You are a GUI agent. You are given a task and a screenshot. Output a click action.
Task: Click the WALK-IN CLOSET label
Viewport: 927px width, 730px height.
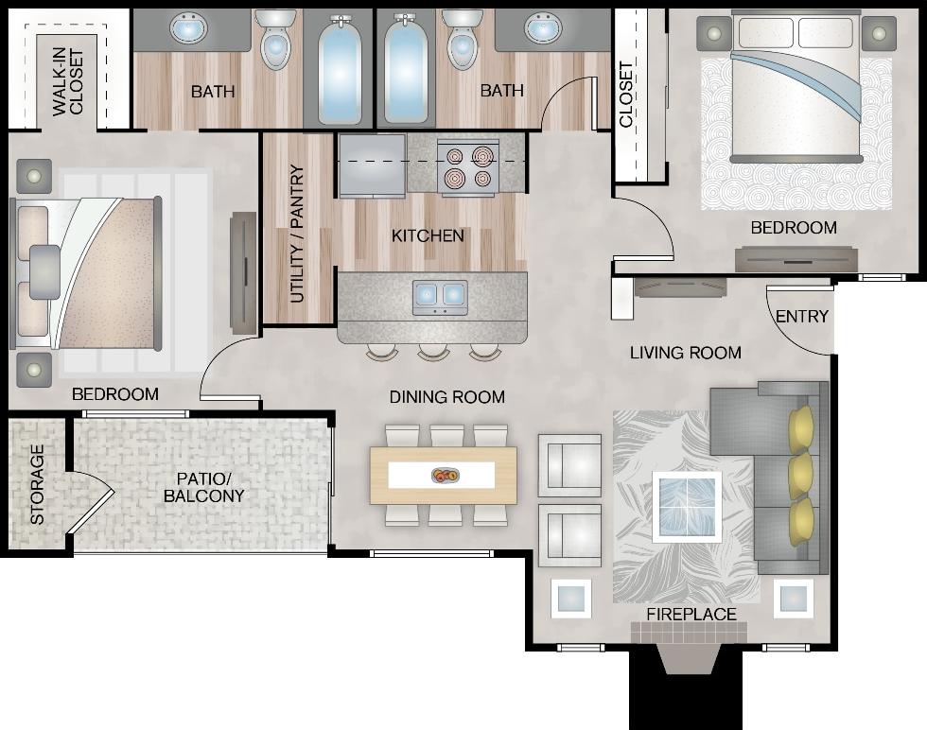(68, 82)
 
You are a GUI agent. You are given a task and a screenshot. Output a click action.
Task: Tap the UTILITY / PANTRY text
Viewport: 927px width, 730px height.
(297, 234)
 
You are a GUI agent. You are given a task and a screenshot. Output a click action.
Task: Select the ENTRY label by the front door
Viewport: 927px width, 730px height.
(801, 317)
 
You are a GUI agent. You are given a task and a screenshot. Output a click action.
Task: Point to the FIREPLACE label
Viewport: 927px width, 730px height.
(691, 615)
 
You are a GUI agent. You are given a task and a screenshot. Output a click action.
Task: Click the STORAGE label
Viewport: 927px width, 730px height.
(37, 484)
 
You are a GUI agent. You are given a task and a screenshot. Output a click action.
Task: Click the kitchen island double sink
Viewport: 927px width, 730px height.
(440, 296)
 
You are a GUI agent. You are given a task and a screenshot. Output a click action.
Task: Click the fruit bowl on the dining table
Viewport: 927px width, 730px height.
(444, 475)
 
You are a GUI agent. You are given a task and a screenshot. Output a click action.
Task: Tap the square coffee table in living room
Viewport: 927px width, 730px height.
(687, 507)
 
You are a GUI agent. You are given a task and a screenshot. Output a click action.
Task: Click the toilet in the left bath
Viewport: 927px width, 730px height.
(275, 41)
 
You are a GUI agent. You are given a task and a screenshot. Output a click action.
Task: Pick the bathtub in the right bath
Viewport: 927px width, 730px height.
(404, 71)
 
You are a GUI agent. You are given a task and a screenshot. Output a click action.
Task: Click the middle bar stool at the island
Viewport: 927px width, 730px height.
(433, 352)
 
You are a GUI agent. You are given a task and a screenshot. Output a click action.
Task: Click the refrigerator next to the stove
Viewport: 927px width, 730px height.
(372, 165)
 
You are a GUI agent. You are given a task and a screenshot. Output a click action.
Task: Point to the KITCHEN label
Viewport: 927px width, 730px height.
(428, 235)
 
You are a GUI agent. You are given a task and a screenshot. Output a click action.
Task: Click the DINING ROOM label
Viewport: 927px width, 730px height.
(446, 397)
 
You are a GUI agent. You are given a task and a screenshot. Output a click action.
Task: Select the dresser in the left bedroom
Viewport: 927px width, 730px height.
(243, 272)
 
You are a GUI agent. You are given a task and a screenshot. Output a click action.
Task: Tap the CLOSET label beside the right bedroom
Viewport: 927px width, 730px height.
(626, 95)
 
